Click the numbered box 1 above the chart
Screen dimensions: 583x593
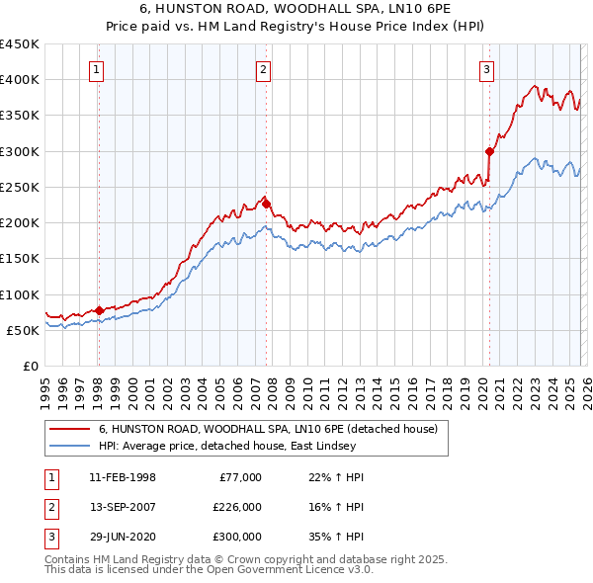(97, 69)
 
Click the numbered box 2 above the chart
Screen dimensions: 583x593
(264, 69)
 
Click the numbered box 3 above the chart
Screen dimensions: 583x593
(487, 69)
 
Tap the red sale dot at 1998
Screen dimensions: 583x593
(99, 310)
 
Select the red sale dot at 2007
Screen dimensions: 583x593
(266, 204)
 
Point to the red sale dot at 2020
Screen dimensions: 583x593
(489, 151)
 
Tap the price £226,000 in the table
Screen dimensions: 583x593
(237, 508)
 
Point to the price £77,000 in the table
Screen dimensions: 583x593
(240, 477)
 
